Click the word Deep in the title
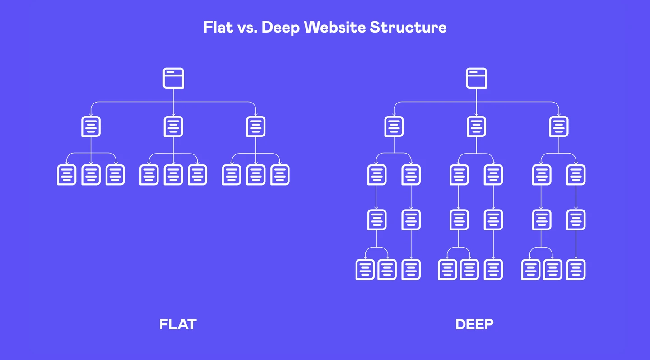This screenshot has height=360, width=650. (280, 28)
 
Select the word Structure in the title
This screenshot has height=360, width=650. (408, 27)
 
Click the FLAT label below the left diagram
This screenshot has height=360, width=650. (178, 324)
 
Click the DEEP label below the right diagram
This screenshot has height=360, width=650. (474, 324)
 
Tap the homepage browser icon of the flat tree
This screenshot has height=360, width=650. (173, 78)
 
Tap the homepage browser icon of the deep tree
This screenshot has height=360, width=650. (477, 78)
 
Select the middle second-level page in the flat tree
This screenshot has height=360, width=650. (173, 126)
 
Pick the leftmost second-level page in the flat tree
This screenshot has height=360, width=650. (91, 126)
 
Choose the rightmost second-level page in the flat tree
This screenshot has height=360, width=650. (256, 126)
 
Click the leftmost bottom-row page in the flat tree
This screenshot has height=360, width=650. (67, 175)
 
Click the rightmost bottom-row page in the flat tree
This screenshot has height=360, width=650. (280, 175)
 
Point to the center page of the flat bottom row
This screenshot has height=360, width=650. (173, 175)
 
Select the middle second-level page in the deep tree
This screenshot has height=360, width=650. (477, 126)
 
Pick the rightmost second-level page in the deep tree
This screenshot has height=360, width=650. (559, 126)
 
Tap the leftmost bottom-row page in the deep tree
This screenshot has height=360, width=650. (365, 269)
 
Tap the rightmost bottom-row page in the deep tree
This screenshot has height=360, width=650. (576, 269)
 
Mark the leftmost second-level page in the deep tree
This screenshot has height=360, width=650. (394, 126)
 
